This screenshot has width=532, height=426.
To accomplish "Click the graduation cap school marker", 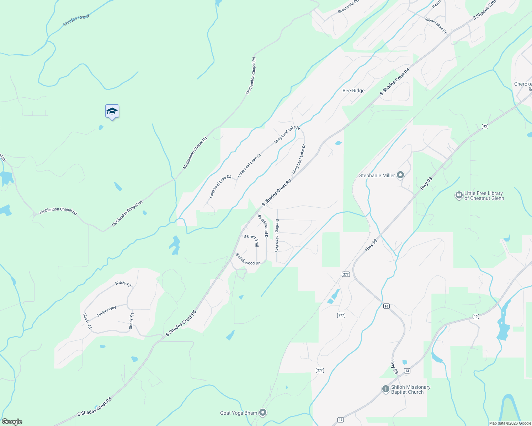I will [x=112, y=111].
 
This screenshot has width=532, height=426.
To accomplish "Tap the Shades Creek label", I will [x=76, y=20].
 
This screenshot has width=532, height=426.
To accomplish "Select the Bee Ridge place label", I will [x=353, y=91].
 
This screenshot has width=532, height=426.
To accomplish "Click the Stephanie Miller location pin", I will [x=400, y=175].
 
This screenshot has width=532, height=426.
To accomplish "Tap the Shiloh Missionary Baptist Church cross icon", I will [x=385, y=389].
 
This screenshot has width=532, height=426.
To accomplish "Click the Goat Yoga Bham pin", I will [x=263, y=413].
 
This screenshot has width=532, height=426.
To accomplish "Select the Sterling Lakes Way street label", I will [x=277, y=236].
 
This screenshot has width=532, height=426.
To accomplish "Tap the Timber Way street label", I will [x=106, y=311].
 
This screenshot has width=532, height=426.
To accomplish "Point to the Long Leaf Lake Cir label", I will [x=220, y=186].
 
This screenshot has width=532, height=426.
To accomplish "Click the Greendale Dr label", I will [x=348, y=7].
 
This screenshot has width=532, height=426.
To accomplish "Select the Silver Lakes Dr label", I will [x=436, y=26].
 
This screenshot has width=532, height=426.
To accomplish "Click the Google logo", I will [x=12, y=422].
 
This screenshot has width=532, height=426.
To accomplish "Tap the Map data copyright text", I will [x=510, y=423].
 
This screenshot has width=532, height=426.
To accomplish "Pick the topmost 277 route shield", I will [x=346, y=274].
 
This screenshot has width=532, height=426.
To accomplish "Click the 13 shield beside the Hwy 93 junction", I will [x=407, y=371].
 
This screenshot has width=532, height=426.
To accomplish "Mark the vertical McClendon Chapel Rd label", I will [x=251, y=76].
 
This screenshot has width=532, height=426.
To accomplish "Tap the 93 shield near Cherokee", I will [x=485, y=126].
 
